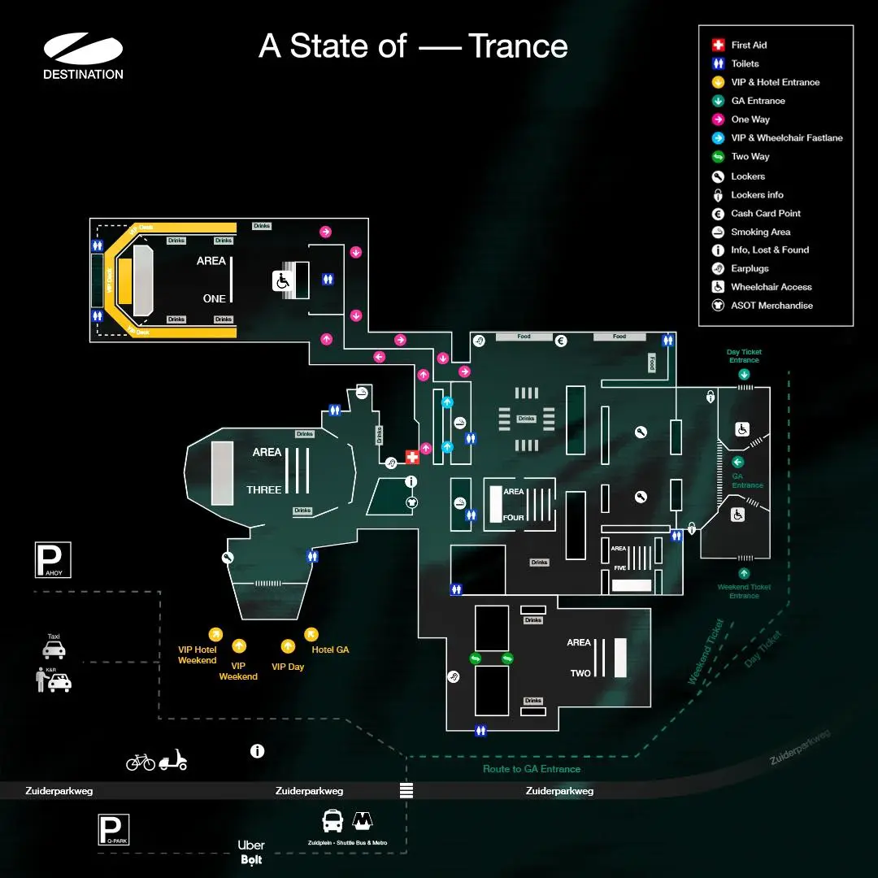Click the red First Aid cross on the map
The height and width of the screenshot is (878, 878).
[x=412, y=457]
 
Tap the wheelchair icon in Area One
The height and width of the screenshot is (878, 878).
[x=282, y=280]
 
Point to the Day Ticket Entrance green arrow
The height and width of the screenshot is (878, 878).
[x=744, y=374]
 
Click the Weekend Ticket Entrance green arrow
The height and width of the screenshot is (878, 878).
[x=744, y=573]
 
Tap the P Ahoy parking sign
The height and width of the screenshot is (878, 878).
[x=53, y=559]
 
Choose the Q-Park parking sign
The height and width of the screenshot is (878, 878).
[x=113, y=830]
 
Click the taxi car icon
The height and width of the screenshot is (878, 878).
[x=54, y=650]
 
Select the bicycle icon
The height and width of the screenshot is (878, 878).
[x=141, y=762]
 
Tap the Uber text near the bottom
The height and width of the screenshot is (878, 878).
[x=251, y=845]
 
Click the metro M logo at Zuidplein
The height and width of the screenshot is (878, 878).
[x=363, y=820]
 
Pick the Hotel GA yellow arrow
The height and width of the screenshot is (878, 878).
[x=311, y=633]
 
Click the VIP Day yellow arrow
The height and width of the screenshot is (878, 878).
[x=288, y=646]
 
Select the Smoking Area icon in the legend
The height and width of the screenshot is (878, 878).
[x=718, y=232]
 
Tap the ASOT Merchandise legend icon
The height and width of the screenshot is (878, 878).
[x=718, y=306]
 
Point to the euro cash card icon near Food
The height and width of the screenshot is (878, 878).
[x=561, y=341]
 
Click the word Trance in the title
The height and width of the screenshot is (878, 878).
[x=518, y=46]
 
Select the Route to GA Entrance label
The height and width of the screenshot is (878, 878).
[x=532, y=769]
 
